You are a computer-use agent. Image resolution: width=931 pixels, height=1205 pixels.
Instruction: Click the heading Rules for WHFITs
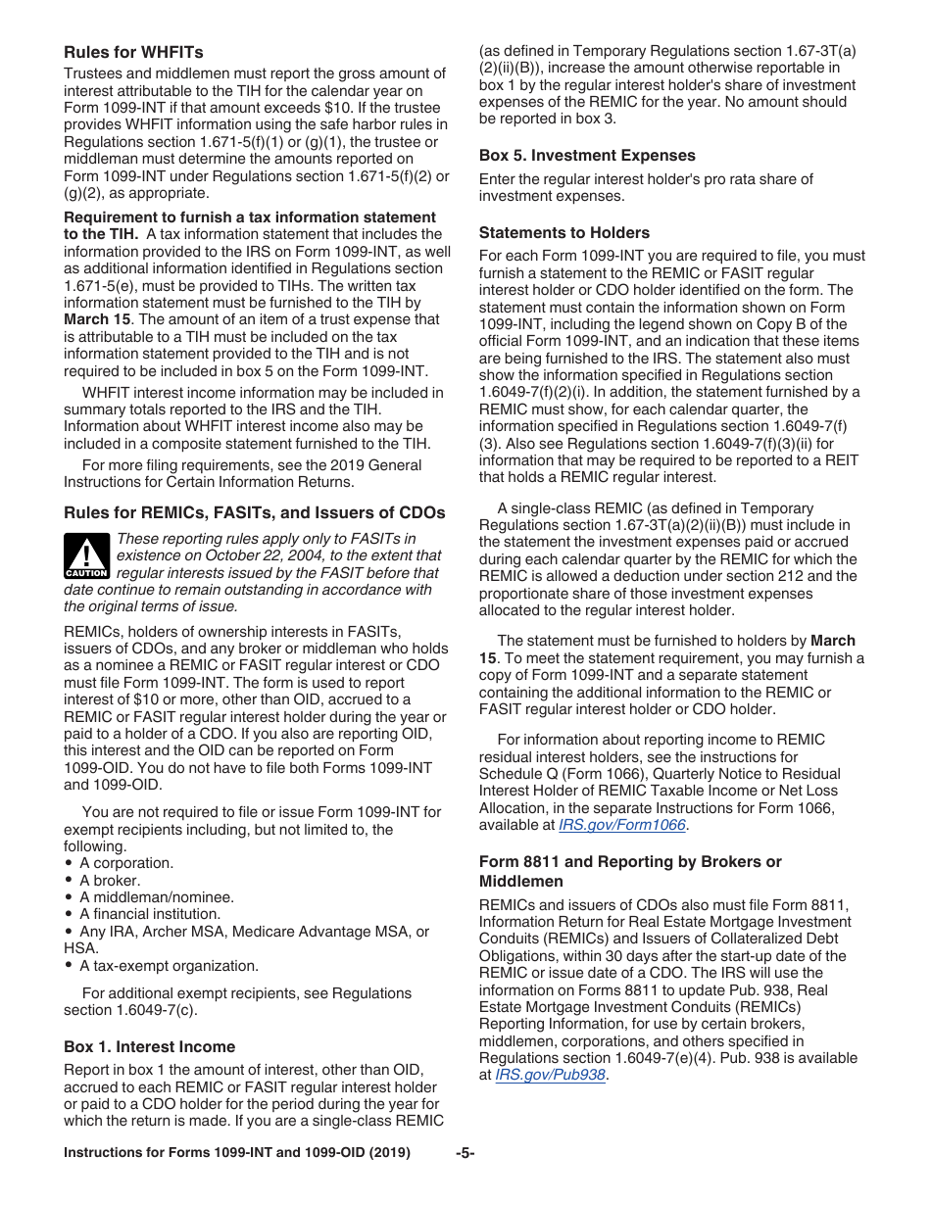tap(133, 52)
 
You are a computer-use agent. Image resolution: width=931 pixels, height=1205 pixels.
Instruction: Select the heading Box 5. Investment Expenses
tap(587, 155)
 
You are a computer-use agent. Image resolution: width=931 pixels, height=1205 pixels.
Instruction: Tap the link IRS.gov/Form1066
tap(621, 825)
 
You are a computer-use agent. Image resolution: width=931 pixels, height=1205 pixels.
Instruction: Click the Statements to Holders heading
tap(563, 232)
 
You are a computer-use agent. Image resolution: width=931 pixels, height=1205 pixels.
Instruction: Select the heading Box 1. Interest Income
tap(149, 1046)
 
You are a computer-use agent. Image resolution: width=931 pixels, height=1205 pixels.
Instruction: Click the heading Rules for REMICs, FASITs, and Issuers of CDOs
tap(254, 512)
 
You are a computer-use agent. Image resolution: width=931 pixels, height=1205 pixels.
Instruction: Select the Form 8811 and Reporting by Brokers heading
tap(630, 861)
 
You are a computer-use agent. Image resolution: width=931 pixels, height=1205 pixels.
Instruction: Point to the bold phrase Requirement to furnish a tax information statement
tap(250, 217)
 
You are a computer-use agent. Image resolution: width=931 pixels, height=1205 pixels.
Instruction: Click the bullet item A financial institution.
tap(150, 913)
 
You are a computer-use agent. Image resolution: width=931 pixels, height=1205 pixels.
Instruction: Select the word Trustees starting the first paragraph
tap(93, 73)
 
